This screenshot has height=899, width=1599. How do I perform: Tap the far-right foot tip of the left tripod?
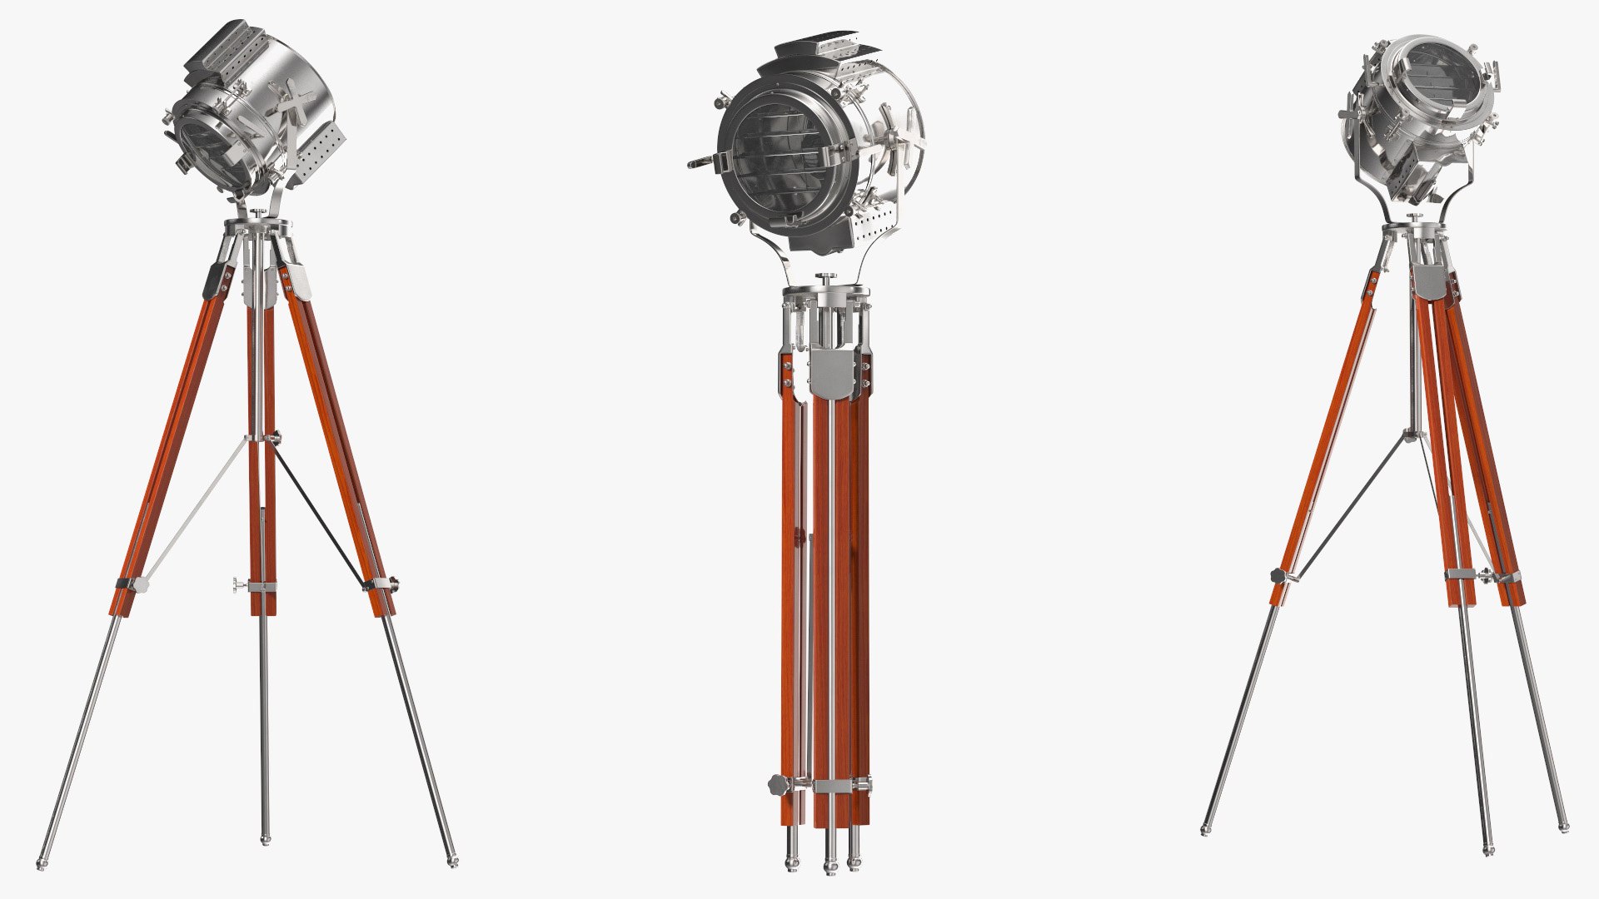click(452, 862)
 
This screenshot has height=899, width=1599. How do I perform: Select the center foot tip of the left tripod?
click(265, 841)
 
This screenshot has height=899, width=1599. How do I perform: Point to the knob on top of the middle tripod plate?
click(826, 278)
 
